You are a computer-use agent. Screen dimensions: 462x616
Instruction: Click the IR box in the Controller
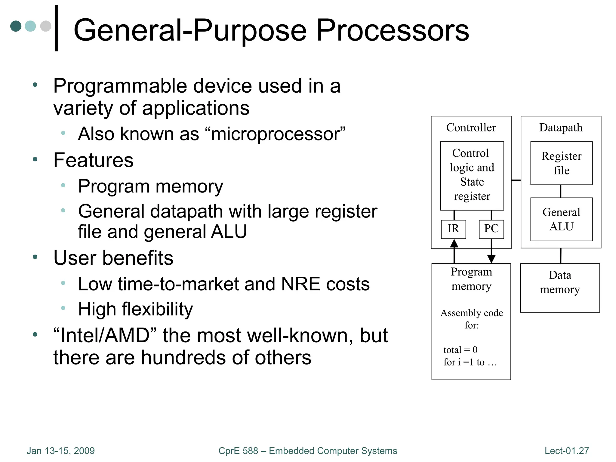click(x=453, y=229)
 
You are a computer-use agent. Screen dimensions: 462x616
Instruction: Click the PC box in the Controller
click(x=491, y=229)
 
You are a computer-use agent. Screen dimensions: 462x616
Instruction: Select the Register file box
click(x=561, y=163)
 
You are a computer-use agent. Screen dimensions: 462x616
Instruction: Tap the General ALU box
click(x=561, y=219)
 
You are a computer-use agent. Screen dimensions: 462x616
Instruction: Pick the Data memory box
click(x=560, y=288)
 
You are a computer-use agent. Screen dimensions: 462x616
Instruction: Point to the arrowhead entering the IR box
click(x=454, y=243)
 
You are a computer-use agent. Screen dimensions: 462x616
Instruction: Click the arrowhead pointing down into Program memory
click(x=491, y=259)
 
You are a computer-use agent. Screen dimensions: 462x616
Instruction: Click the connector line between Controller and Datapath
click(x=516, y=180)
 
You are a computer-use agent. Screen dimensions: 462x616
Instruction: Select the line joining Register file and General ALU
click(x=561, y=191)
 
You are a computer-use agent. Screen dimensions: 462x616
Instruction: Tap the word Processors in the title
click(x=393, y=30)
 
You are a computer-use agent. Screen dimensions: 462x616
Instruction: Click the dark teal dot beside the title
click(x=16, y=26)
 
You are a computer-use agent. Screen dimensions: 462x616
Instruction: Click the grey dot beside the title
click(x=46, y=26)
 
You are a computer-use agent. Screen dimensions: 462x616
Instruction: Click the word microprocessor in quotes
click(x=275, y=134)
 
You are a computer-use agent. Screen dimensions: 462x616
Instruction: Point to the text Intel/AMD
click(x=105, y=335)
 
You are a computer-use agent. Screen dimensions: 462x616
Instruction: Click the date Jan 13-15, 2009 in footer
click(x=60, y=451)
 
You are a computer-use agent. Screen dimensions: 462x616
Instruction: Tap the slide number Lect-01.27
click(x=566, y=451)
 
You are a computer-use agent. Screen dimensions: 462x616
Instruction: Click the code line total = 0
click(x=460, y=350)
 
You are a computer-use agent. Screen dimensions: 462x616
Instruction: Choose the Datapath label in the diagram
click(x=561, y=128)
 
